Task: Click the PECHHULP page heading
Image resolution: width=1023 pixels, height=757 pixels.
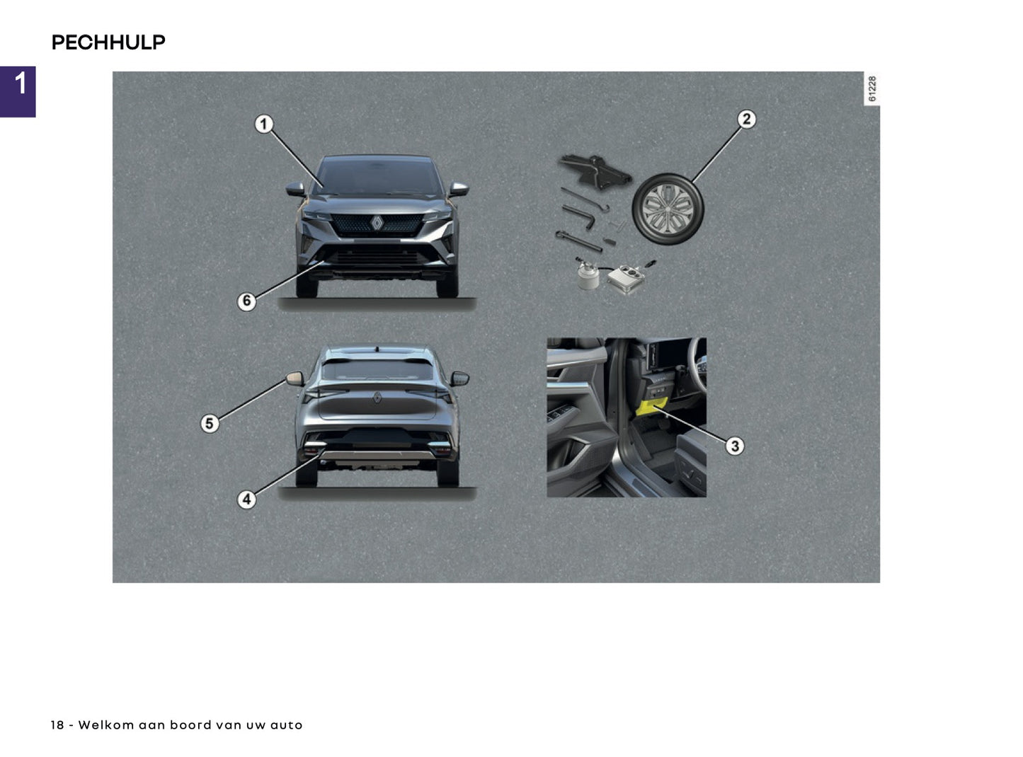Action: click(x=108, y=42)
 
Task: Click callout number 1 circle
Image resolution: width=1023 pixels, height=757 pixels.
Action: click(x=264, y=125)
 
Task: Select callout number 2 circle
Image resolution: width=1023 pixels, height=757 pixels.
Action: click(x=746, y=119)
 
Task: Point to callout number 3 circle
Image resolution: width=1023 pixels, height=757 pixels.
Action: click(x=735, y=446)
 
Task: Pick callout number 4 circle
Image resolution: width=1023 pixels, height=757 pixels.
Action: click(x=246, y=499)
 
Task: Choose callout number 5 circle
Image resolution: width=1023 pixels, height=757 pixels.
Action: click(x=209, y=424)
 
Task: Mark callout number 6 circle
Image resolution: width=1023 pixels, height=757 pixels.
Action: click(x=246, y=301)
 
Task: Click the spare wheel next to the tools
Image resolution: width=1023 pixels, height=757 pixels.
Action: click(x=668, y=209)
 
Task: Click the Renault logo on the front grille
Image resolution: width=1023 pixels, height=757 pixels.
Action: click(x=377, y=224)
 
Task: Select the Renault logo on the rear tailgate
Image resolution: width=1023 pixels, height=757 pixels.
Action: click(x=377, y=398)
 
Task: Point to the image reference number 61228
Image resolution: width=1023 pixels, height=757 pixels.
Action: click(x=872, y=89)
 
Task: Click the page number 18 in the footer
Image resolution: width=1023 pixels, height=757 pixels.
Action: click(x=57, y=725)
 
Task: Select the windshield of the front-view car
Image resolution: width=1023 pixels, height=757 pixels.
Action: click(x=377, y=177)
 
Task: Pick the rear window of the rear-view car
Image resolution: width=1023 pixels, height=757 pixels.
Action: click(x=377, y=369)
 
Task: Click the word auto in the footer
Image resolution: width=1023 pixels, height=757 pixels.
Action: click(x=286, y=725)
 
